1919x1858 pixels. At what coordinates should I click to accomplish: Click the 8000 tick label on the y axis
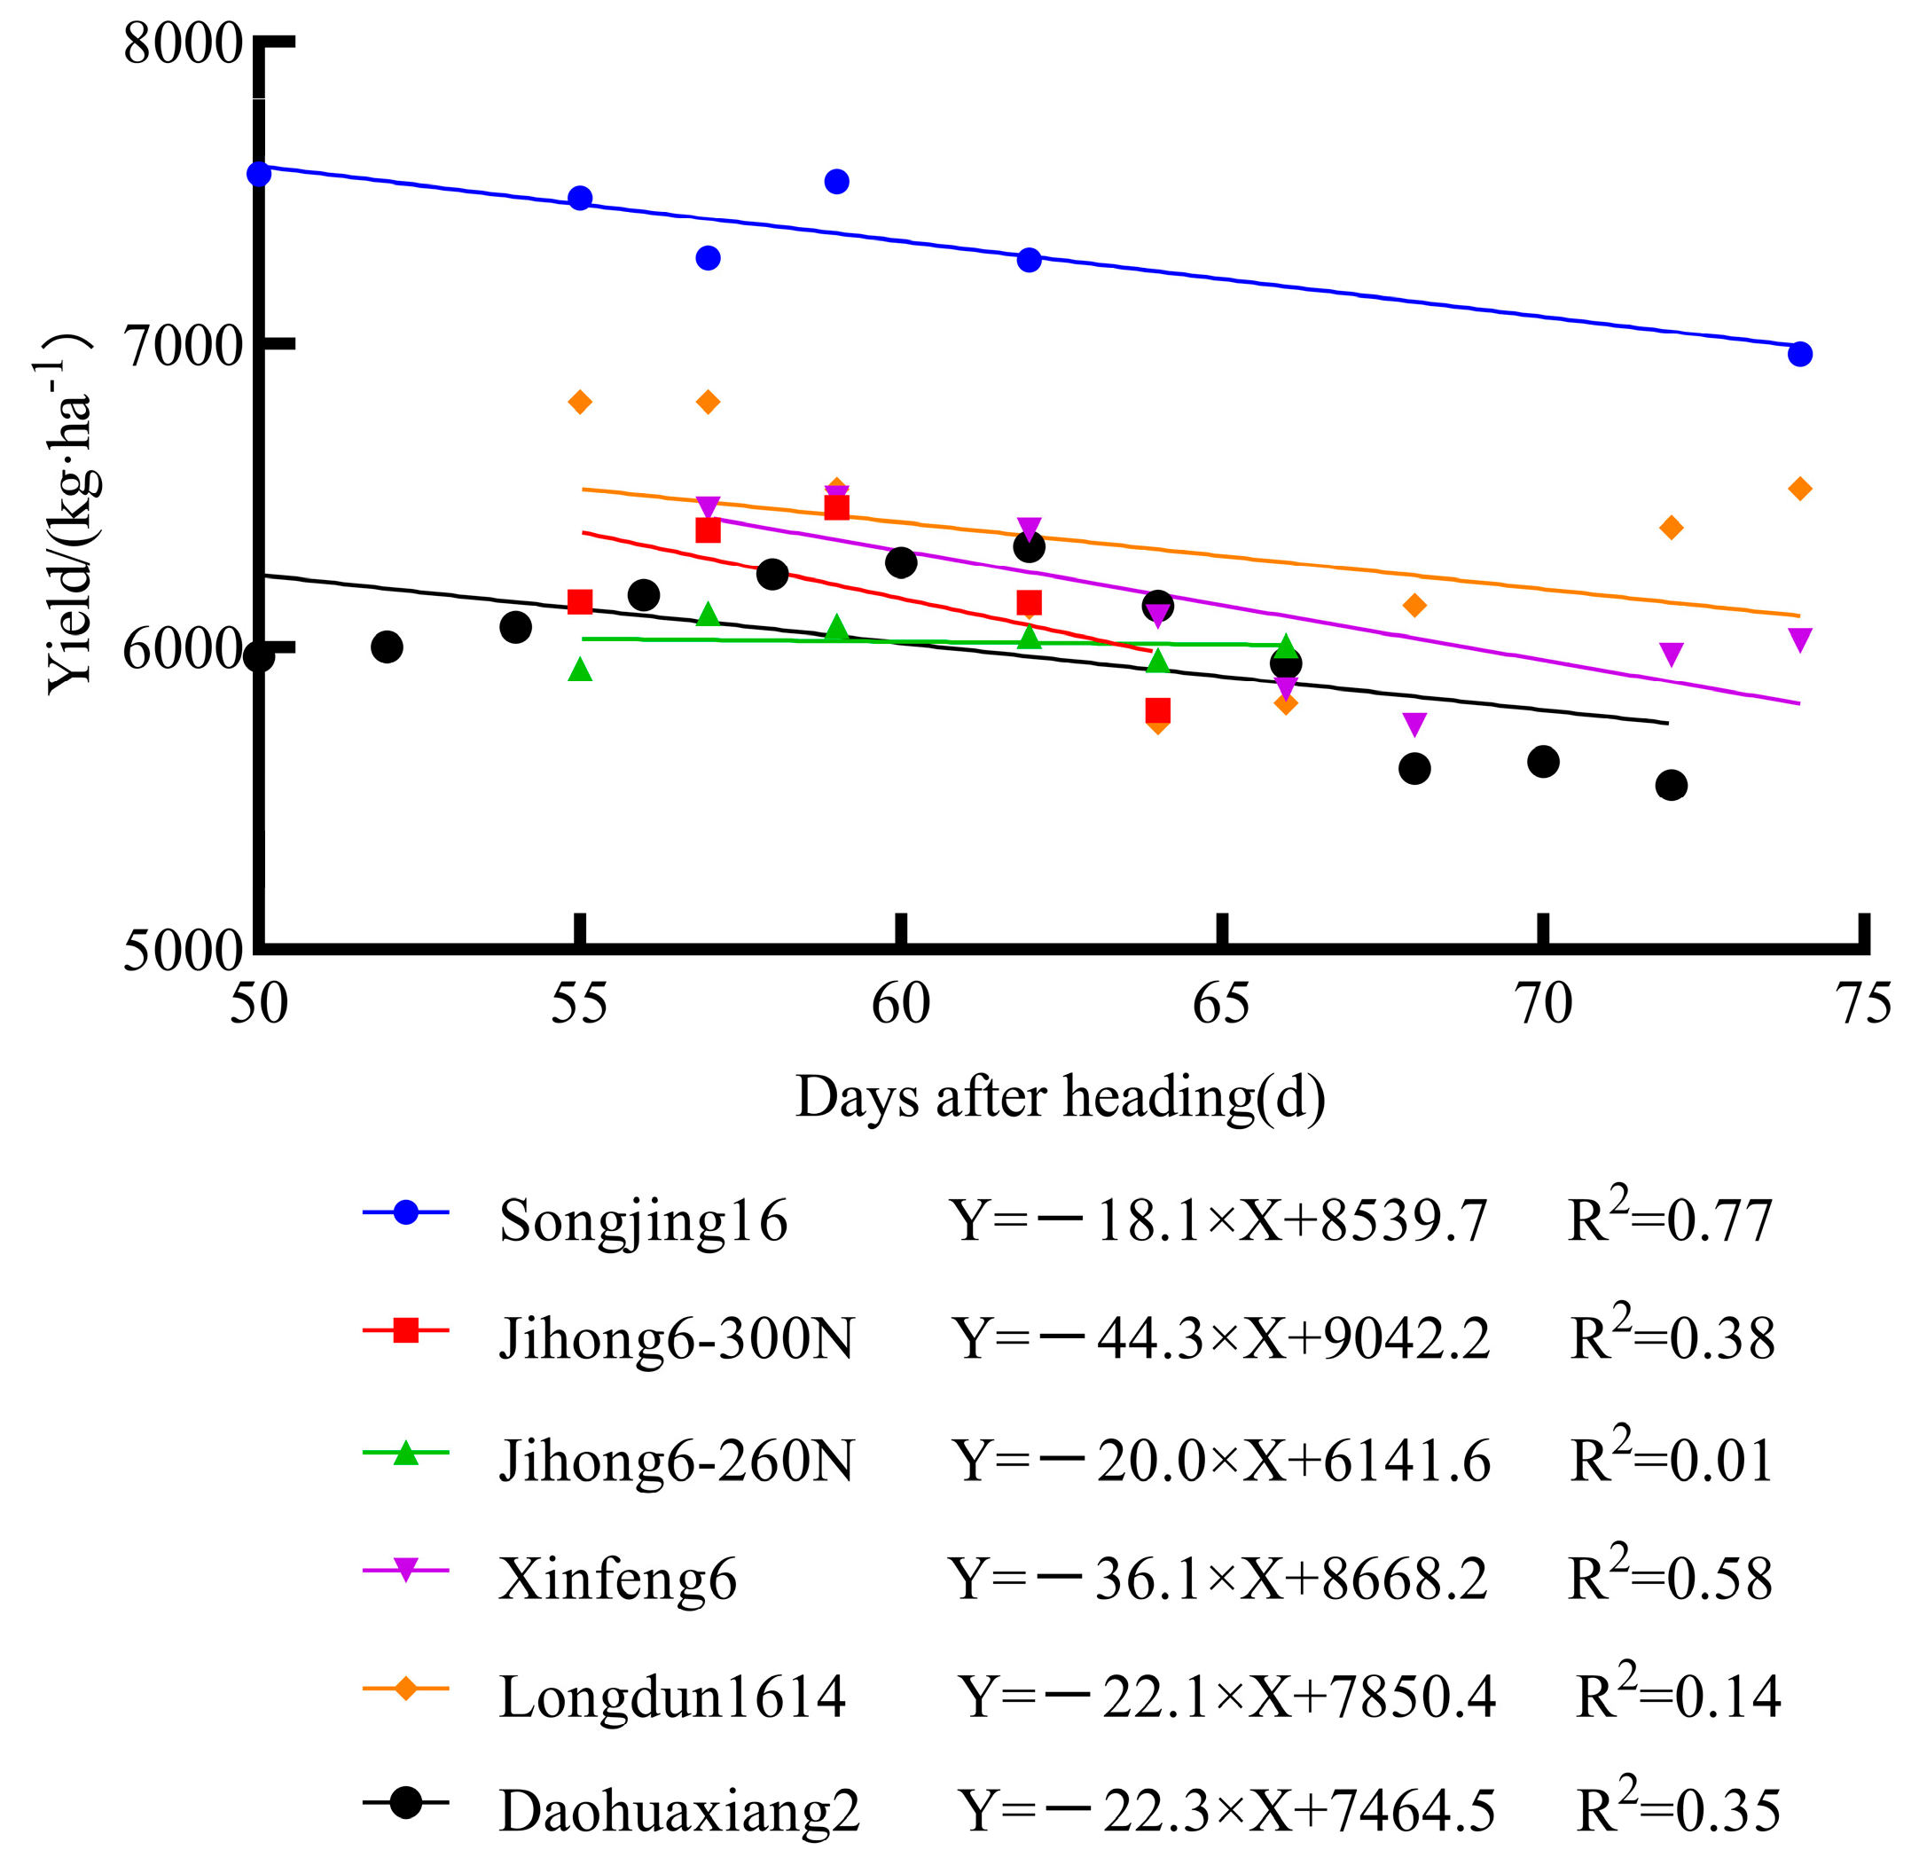pyautogui.click(x=182, y=45)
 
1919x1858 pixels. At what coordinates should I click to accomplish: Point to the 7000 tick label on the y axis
pyautogui.click(x=182, y=347)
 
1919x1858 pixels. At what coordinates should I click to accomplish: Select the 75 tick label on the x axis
pyautogui.click(x=1863, y=1003)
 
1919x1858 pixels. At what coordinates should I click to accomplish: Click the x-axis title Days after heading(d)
pyautogui.click(x=1061, y=1096)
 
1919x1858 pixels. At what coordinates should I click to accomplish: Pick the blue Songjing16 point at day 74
pyautogui.click(x=1799, y=355)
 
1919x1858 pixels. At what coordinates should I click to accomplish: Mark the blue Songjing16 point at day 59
pyautogui.click(x=836, y=182)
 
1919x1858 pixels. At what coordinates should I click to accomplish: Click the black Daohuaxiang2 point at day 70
pyautogui.click(x=1543, y=762)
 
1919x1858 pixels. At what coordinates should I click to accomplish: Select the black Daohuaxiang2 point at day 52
pyautogui.click(x=388, y=647)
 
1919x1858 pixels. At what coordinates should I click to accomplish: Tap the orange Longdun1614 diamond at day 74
pyautogui.click(x=1799, y=489)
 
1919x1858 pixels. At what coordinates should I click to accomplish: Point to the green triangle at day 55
pyautogui.click(x=581, y=670)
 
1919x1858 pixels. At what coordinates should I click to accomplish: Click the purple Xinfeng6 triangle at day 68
pyautogui.click(x=1414, y=725)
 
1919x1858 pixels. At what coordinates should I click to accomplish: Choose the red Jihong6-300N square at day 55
pyautogui.click(x=581, y=602)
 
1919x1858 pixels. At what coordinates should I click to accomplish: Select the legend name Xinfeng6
pyautogui.click(x=617, y=1579)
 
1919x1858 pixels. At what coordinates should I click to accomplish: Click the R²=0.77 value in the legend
pyautogui.click(x=1672, y=1219)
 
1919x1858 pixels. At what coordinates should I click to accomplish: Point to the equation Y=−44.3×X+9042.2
pyautogui.click(x=1222, y=1339)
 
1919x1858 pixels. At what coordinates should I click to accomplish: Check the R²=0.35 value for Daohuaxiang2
pyautogui.click(x=1678, y=1810)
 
